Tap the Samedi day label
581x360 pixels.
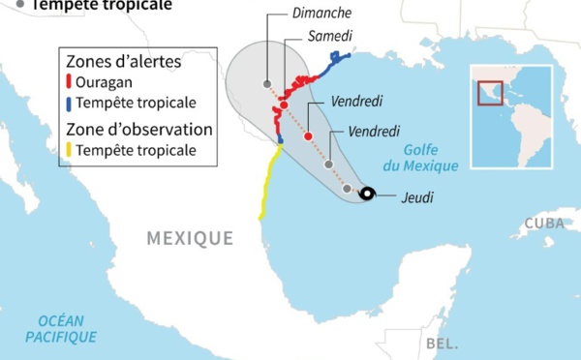pos(330,37)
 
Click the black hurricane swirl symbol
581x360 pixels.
pos(367,195)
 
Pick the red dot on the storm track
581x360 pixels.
pos(308,136)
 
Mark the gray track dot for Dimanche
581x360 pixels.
pos(267,84)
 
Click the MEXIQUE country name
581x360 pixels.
pos(190,238)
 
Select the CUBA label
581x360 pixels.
pos(542,223)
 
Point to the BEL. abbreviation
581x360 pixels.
pos(441,344)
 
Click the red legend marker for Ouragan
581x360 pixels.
pos(68,82)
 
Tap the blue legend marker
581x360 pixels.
pos(68,103)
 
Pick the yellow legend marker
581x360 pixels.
pos(68,150)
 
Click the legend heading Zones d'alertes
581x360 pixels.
pos(123,61)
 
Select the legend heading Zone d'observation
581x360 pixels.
pos(138,129)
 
